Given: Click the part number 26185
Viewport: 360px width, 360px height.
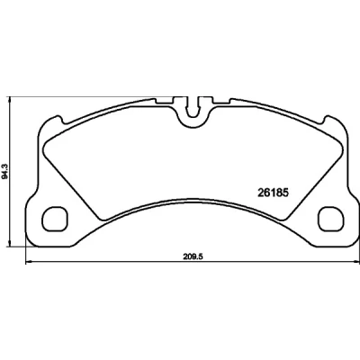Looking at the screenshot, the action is point(273,193).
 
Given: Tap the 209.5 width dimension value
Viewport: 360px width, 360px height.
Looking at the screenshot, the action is point(193,256).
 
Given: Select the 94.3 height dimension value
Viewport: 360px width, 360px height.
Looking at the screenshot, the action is point(4,172).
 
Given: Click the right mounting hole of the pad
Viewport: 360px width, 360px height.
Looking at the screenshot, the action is point(330,219).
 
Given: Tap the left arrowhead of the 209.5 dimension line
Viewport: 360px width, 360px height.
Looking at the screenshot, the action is point(29,262).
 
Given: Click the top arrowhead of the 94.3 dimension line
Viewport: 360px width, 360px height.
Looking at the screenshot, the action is point(10,100).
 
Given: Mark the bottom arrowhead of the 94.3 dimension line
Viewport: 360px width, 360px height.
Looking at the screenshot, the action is point(10,244).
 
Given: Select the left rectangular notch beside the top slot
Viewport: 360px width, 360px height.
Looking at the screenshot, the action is point(165,101).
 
